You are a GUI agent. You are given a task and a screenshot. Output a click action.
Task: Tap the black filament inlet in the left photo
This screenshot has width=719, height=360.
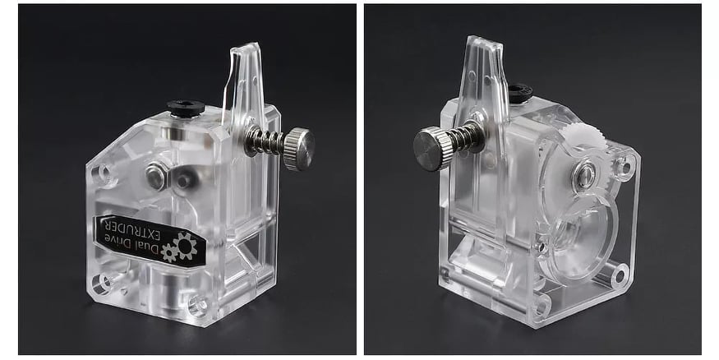coord(182,108)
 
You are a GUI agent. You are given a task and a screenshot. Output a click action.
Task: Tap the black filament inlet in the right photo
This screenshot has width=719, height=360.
coord(519,94)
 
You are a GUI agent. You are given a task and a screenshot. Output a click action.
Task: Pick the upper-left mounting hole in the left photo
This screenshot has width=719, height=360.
coord(104,173)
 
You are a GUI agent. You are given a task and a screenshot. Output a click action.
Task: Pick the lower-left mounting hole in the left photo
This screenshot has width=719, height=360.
coord(102,284)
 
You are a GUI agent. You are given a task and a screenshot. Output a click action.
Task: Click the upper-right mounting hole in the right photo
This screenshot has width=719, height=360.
coord(623,167)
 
